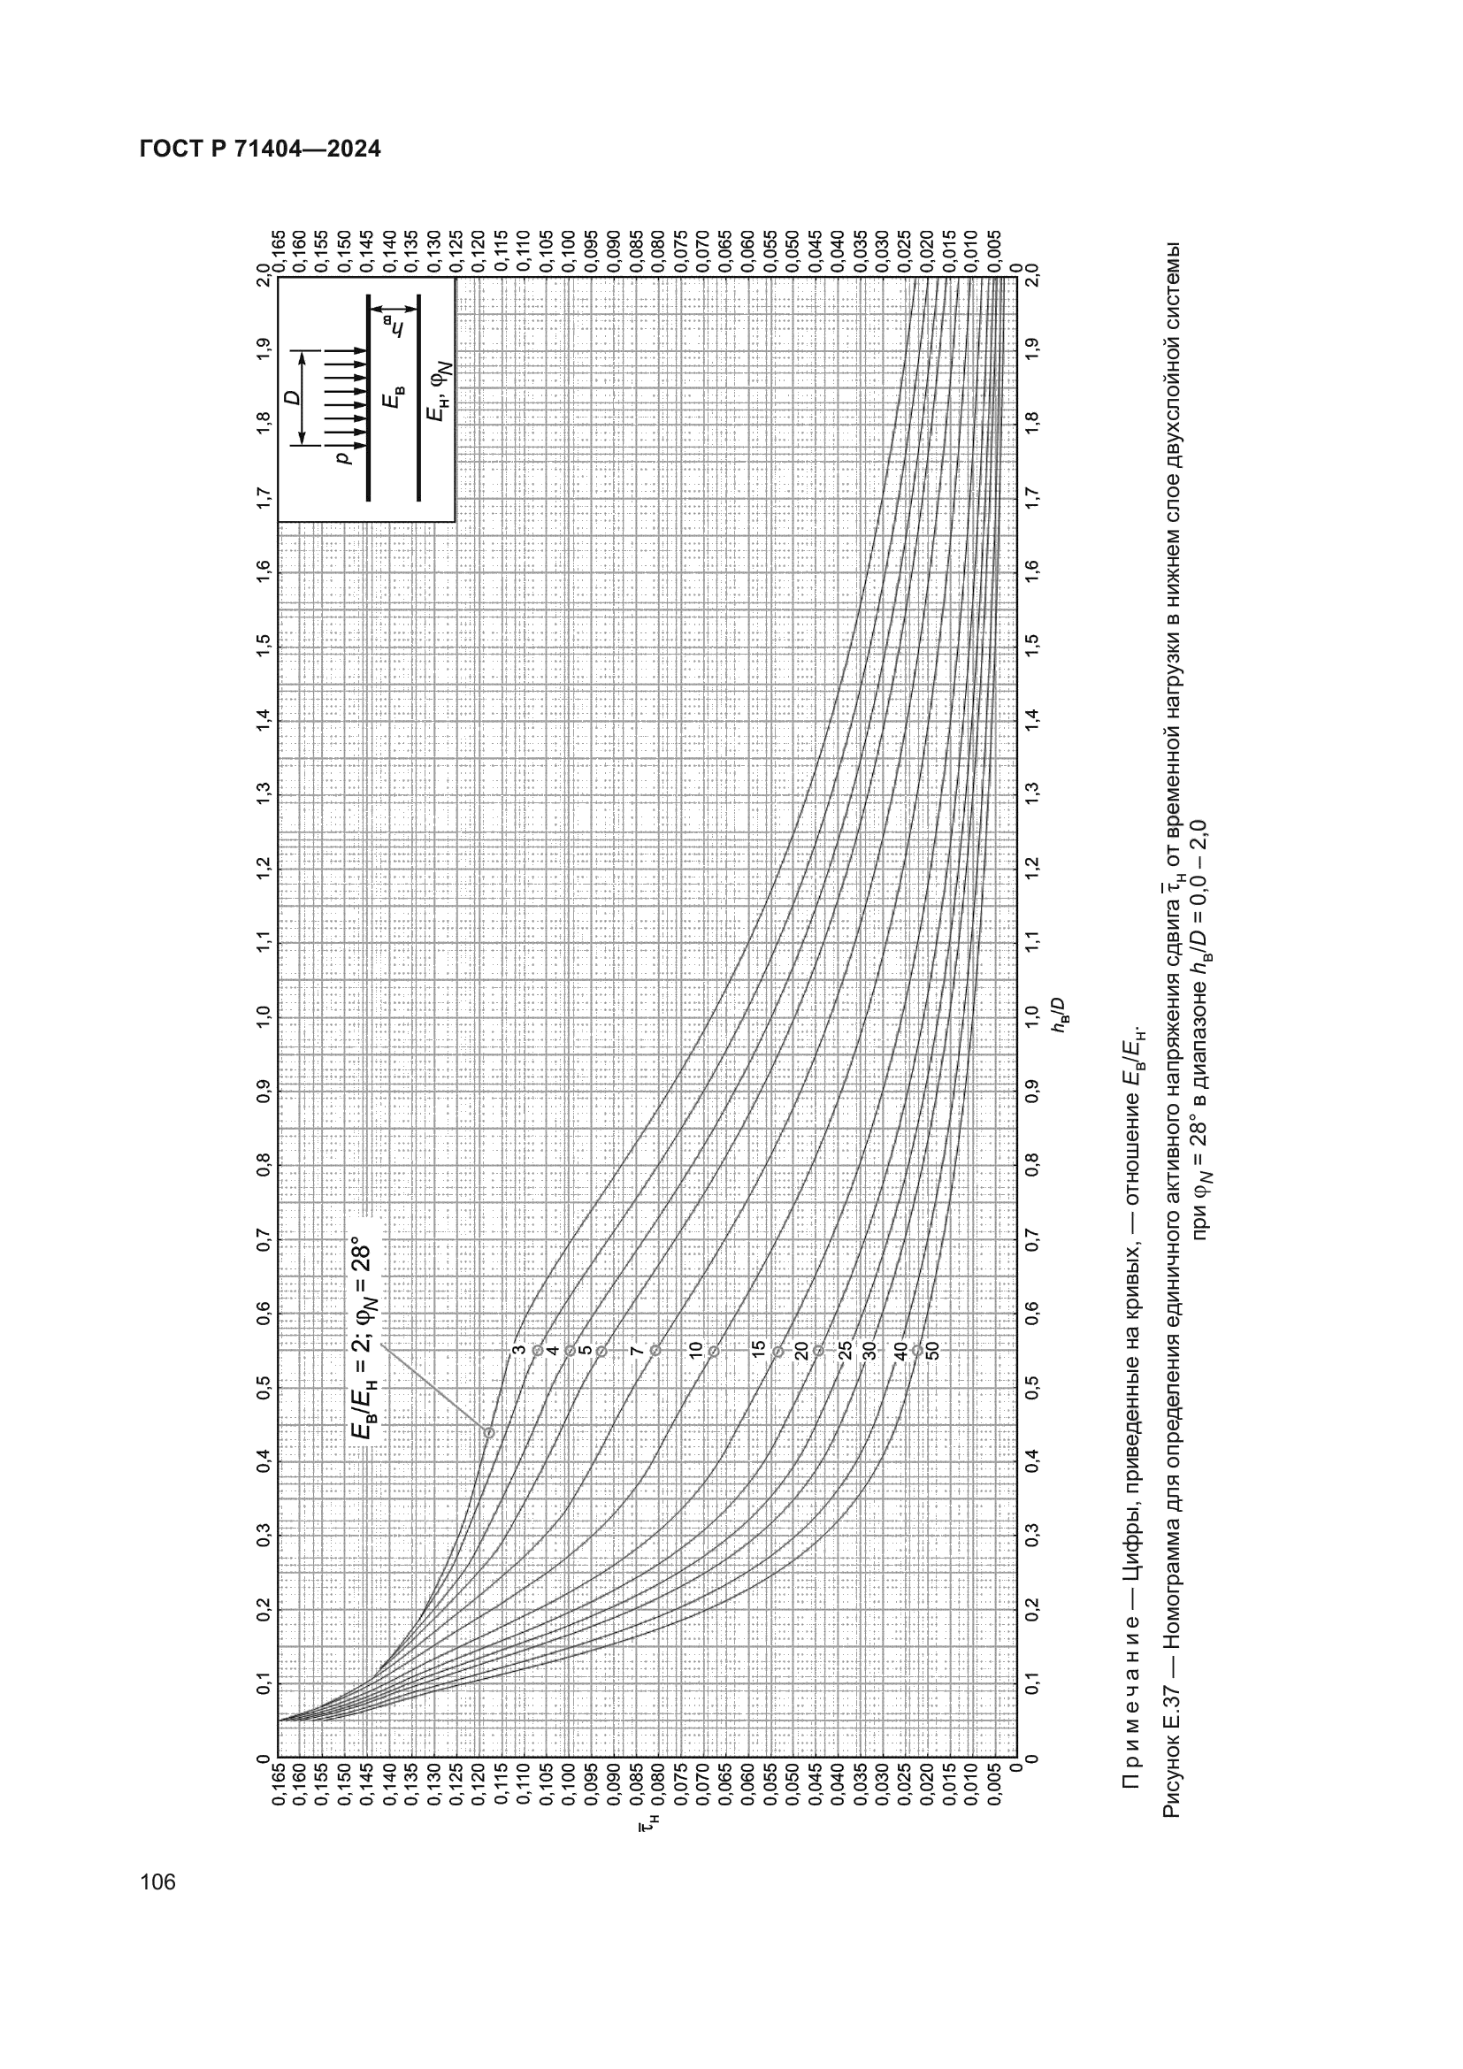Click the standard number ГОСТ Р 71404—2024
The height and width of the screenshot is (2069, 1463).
[260, 149]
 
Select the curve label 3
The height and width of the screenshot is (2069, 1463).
[519, 1350]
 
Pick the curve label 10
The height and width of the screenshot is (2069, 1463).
[694, 1350]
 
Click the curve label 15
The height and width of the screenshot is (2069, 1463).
[759, 1349]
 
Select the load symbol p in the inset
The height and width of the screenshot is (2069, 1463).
[342, 458]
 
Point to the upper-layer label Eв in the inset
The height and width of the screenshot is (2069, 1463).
[394, 398]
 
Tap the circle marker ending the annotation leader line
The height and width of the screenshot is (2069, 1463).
[489, 1433]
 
